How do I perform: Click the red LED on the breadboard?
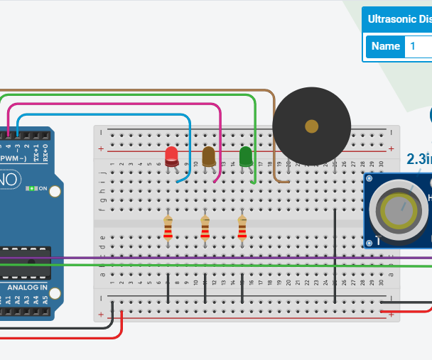click(x=172, y=157)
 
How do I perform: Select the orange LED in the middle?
click(x=209, y=156)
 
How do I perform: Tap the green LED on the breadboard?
click(x=246, y=156)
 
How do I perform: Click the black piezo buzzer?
click(x=311, y=127)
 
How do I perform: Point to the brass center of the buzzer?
click(x=311, y=127)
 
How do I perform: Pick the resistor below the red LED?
click(x=168, y=227)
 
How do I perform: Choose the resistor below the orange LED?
click(x=205, y=227)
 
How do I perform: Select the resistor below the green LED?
click(x=242, y=227)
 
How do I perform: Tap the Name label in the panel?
click(x=386, y=46)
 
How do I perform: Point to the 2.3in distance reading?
click(x=418, y=159)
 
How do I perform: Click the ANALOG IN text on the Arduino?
click(x=27, y=288)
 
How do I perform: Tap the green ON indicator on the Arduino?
click(x=31, y=189)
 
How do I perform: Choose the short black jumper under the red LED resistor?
click(x=168, y=288)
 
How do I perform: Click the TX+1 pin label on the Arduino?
click(x=37, y=151)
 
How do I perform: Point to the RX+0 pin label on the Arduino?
click(x=45, y=151)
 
